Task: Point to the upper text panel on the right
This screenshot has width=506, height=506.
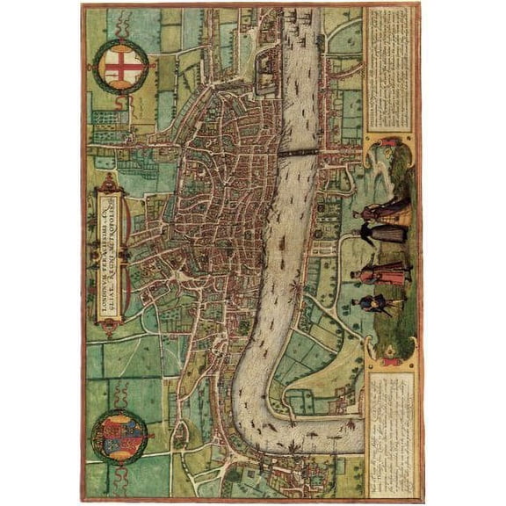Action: coord(390,70)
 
